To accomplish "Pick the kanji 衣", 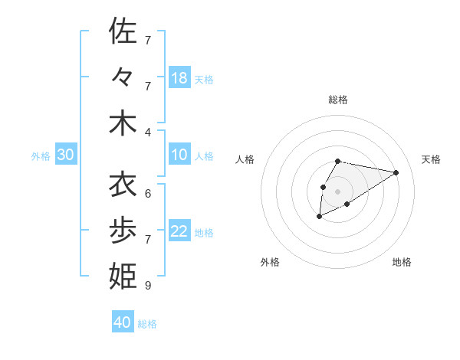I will pos(123,185).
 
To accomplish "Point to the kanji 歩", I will pos(123,231).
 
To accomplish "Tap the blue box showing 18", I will pos(179,77).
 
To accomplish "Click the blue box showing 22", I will pos(179,232).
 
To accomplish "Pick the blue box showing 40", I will pos(123,322).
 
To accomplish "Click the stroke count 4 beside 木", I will pos(148,131).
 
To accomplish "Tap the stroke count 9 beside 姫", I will pos(148,286).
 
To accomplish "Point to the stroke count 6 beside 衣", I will pos(148,193).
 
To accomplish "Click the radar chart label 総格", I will pos(338,100).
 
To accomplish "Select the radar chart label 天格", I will pos(431,159).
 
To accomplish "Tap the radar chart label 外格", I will pos(270,262).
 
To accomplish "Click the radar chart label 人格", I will pos(245,159).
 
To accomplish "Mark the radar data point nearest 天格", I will pos(396,172).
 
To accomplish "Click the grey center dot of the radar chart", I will pos(337,191).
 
